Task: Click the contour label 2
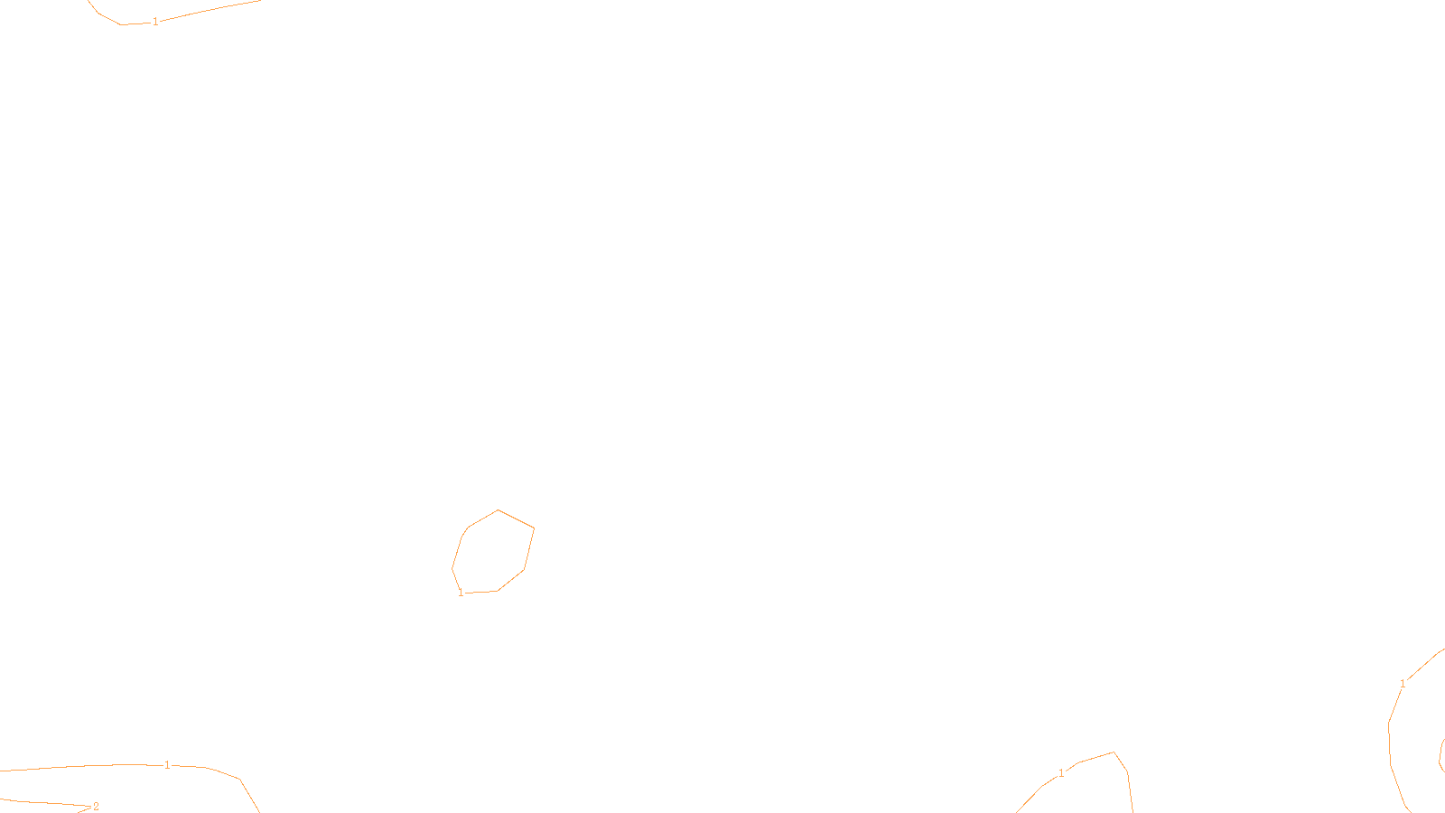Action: tap(96, 807)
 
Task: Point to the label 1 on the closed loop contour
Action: tap(461, 593)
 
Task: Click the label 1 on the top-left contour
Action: tap(155, 21)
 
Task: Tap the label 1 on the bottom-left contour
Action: tap(167, 765)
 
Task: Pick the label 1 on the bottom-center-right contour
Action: tap(1061, 773)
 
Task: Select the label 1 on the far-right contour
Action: tap(1403, 684)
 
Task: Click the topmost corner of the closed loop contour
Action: tap(498, 509)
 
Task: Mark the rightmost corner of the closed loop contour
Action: tap(534, 528)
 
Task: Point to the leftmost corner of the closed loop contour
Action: tap(452, 569)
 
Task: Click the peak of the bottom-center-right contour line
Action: tap(1114, 752)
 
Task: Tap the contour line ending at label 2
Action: tap(45, 802)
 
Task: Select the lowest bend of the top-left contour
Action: tap(121, 24)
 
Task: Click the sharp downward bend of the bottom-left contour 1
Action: tap(239, 779)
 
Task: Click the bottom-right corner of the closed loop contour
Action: tap(524, 570)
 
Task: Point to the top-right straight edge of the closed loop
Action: tap(516, 519)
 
